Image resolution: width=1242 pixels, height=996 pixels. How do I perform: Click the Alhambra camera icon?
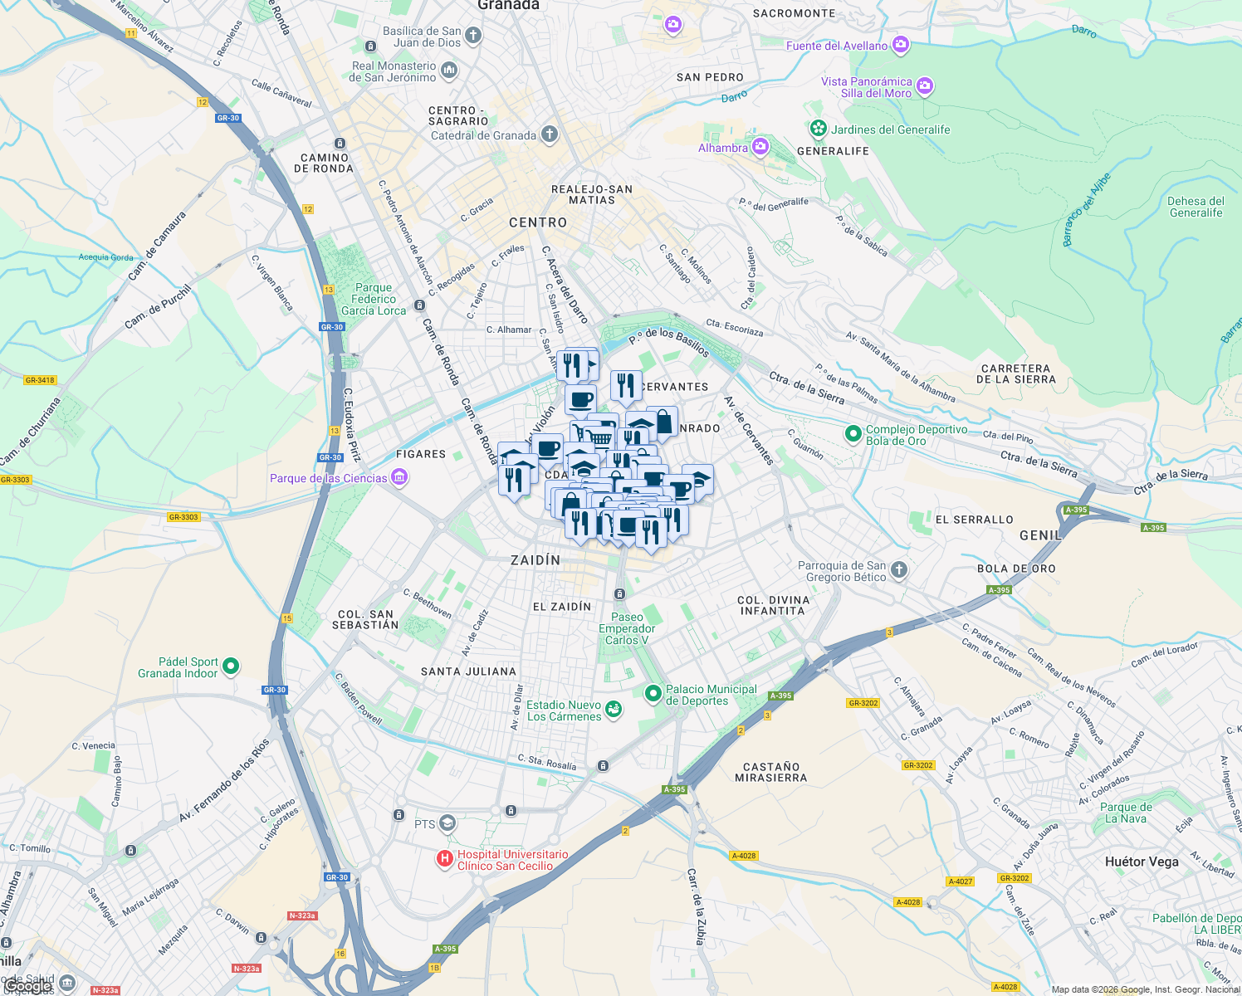pos(760,148)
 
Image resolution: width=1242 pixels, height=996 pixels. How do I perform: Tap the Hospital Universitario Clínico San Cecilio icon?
pos(445,858)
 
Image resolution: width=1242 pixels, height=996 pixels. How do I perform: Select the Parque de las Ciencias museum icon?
pos(399,477)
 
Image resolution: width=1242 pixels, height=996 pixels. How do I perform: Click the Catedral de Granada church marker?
pos(549,134)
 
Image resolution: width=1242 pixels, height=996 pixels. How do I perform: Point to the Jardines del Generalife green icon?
pos(819,129)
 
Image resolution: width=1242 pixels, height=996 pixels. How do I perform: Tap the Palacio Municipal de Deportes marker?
pos(653,692)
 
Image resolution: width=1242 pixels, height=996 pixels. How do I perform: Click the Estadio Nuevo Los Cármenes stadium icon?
pos(613,709)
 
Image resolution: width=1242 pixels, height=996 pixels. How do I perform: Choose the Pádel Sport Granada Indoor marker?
pos(232,666)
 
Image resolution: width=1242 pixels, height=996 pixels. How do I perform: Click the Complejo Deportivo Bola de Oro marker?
pos(853,433)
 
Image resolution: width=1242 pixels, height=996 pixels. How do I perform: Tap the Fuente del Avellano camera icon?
pos(901,45)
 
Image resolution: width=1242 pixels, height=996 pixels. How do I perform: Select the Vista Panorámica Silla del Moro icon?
pos(925,85)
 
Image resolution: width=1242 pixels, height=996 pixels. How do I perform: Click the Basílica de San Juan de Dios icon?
pos(473,35)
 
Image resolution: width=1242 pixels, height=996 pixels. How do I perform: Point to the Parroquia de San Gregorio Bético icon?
pos(899,569)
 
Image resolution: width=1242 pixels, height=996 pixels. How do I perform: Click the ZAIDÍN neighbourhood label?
pos(535,560)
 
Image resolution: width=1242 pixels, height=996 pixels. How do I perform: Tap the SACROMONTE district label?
pos(794,13)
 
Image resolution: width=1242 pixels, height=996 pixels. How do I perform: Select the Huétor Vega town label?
pos(1142,862)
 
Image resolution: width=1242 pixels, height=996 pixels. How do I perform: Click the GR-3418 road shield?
pos(40,380)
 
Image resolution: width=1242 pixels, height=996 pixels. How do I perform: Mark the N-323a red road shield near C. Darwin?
pos(302,915)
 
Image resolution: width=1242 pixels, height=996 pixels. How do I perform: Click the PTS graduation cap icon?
pos(448,823)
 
